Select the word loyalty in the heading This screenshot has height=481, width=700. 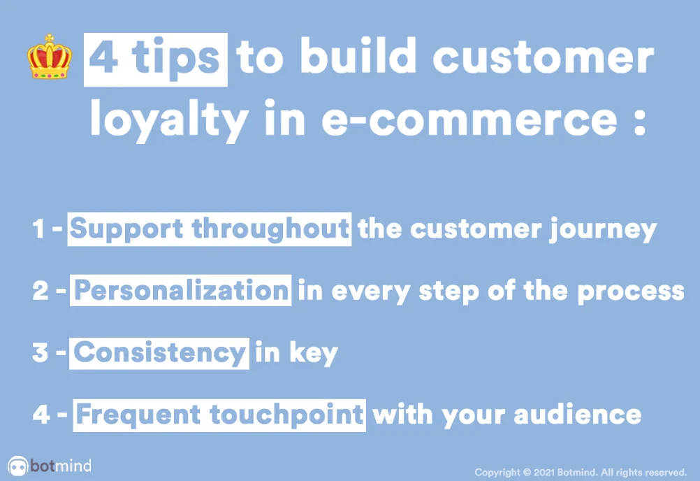168,120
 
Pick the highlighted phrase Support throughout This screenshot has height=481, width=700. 209,229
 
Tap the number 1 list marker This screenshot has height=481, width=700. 39,230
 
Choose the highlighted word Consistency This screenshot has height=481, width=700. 160,352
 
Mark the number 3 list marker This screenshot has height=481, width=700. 41,352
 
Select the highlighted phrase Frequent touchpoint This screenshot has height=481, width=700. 219,415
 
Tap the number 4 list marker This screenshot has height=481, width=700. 41,415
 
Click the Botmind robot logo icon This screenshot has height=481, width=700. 17,466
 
